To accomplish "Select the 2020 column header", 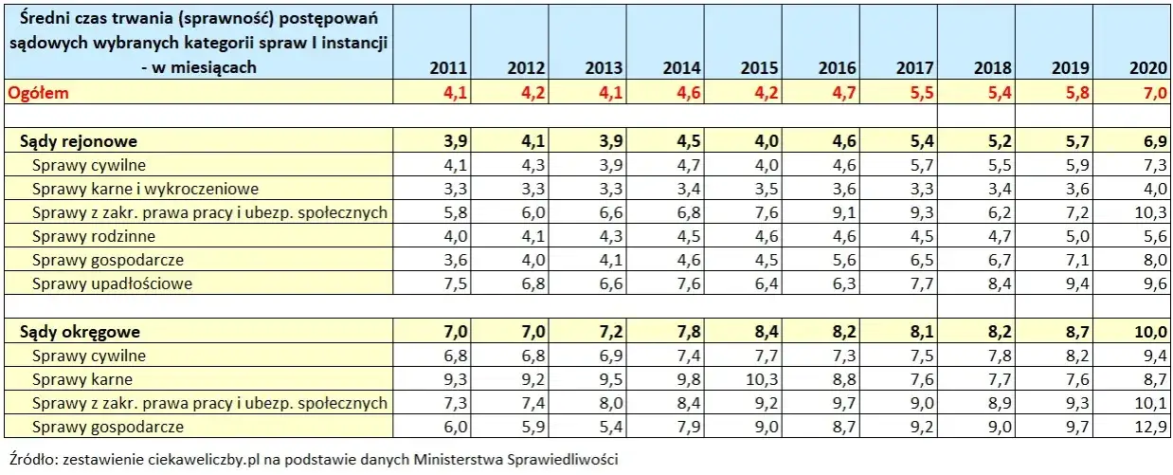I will tap(1147, 68).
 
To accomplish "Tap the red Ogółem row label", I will tap(38, 92).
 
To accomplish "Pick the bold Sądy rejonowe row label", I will tap(80, 141).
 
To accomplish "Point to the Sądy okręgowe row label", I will tap(81, 332).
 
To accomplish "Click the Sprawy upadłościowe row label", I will tap(113, 283).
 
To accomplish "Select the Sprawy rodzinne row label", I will tap(94, 236).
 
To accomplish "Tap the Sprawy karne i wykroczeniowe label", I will tap(145, 189).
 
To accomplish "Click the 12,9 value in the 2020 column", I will tap(1148, 427).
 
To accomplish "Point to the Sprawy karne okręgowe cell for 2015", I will tap(759, 379).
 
